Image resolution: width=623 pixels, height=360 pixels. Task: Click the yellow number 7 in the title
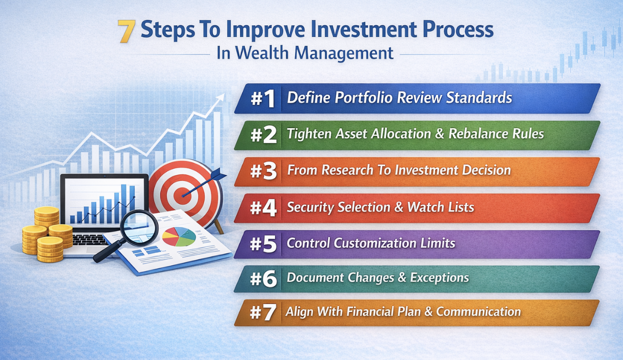[127, 32]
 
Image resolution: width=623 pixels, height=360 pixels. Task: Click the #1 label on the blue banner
[263, 98]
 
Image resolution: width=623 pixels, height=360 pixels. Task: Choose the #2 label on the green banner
[263, 135]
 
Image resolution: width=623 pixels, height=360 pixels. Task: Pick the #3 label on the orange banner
[263, 171]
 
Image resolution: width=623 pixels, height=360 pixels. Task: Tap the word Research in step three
[347, 170]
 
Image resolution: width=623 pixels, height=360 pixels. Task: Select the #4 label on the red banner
[263, 208]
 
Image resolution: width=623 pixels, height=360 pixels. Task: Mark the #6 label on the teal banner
[263, 279]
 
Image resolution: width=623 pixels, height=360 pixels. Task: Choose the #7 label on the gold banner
[262, 312]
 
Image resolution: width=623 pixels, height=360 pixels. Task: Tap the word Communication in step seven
[478, 311]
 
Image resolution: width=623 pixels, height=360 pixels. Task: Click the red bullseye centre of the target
[183, 196]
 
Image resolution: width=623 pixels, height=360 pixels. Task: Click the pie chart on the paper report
[179, 237]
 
